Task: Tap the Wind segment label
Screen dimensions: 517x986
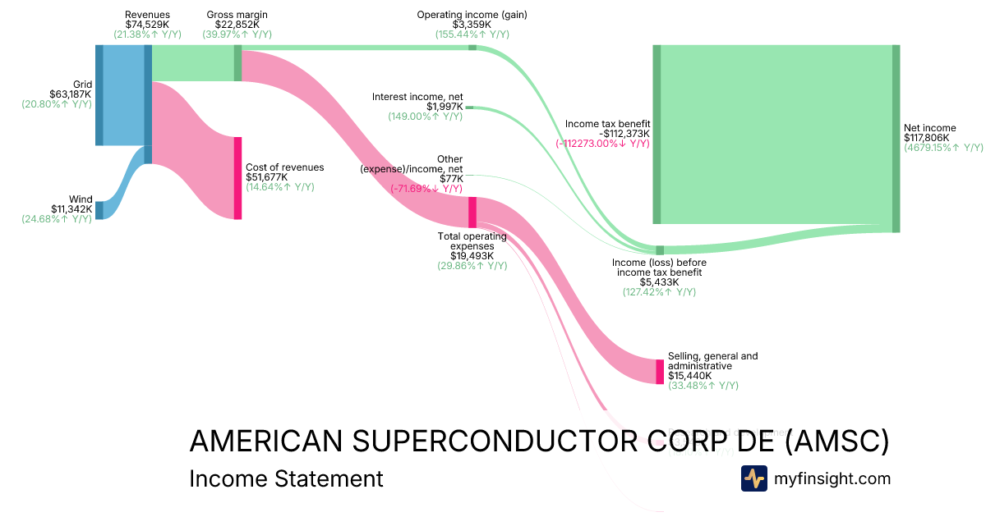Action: (81, 198)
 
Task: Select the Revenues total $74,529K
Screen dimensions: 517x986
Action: (147, 25)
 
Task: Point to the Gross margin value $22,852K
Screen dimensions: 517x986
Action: (237, 25)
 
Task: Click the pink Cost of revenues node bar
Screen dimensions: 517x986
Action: (237, 178)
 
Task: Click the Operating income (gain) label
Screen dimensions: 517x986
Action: (472, 15)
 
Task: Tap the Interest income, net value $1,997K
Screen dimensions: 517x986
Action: (445, 107)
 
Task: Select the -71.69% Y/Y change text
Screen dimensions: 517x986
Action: (428, 189)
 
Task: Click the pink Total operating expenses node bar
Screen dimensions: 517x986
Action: (472, 212)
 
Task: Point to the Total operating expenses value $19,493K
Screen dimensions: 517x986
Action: (472, 255)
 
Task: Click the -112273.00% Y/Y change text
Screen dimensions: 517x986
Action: (602, 144)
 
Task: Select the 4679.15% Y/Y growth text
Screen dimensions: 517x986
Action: (942, 148)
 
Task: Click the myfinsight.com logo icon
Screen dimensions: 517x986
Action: (753, 478)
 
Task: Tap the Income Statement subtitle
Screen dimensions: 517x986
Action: (286, 478)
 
